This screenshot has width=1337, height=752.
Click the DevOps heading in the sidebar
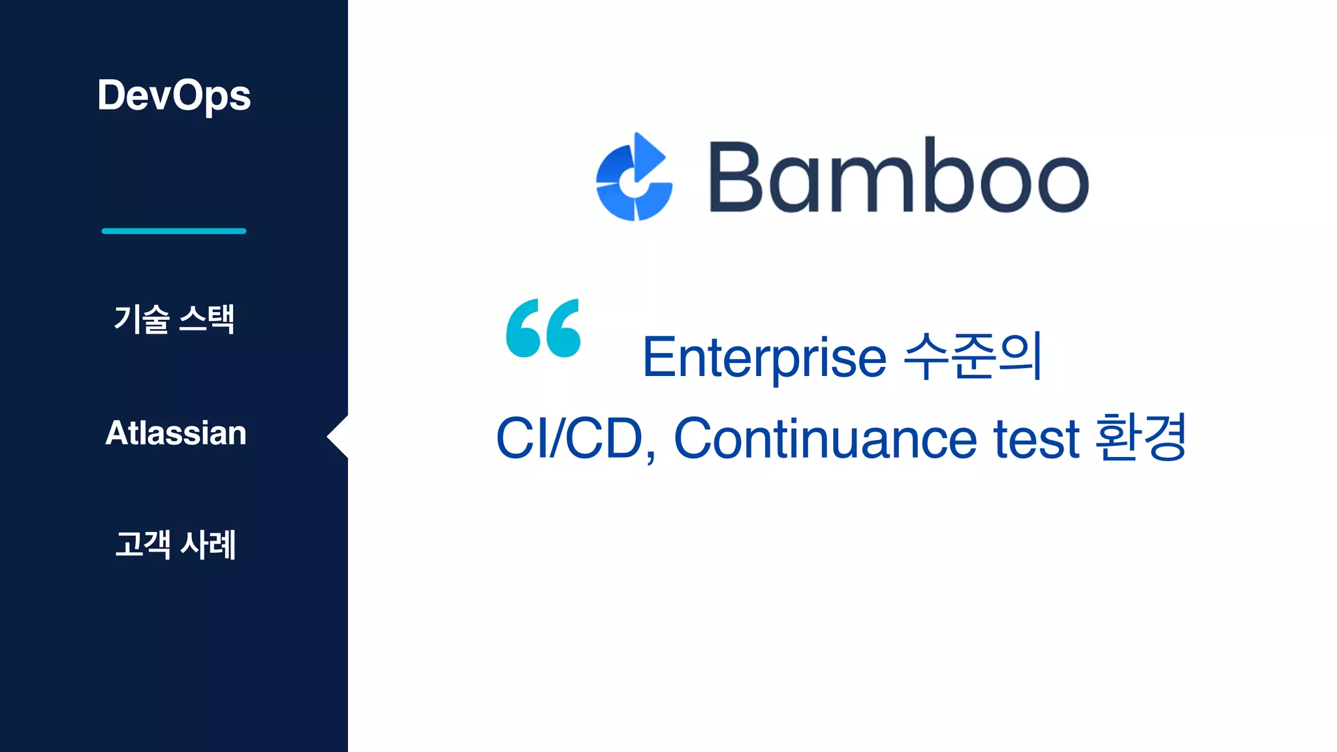click(174, 96)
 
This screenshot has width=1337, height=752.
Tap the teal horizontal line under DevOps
click(174, 231)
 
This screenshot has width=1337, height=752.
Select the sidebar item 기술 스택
click(174, 319)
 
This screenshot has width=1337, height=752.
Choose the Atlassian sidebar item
click(176, 433)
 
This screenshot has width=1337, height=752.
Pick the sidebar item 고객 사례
click(175, 544)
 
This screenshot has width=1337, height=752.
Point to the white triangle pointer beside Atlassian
click(338, 437)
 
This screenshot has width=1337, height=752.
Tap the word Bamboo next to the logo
click(898, 177)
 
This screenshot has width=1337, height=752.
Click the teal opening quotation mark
click(543, 328)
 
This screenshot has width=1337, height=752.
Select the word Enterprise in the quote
click(764, 358)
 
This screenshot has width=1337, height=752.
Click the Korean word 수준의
click(973, 356)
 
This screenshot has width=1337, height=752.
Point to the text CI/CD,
click(575, 439)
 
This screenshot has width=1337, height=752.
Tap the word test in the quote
click(1036, 439)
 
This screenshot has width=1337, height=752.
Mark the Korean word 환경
click(1140, 437)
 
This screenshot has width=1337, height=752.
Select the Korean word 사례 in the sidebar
click(208, 544)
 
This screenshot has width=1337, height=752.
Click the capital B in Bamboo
click(735, 177)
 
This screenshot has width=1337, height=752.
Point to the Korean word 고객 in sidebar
click(142, 544)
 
